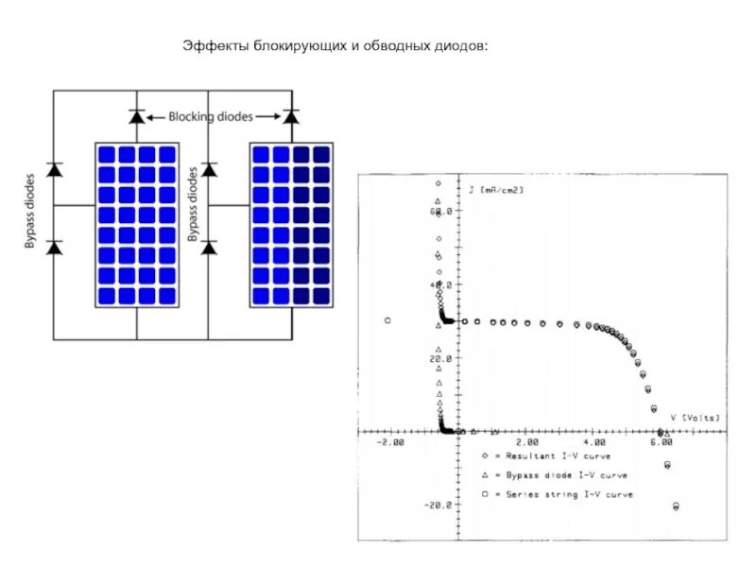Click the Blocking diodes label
pyautogui.click(x=211, y=116)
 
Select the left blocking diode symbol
pyautogui.click(x=136, y=116)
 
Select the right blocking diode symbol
pyautogui.click(x=291, y=116)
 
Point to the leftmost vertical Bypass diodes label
pyautogui.click(x=30, y=211)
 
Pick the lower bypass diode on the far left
pyautogui.click(x=54, y=248)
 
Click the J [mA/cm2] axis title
pyautogui.click(x=496, y=190)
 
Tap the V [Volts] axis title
pyautogui.click(x=695, y=417)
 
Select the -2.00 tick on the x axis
pyautogui.click(x=389, y=442)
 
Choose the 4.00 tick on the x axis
pyautogui.click(x=594, y=442)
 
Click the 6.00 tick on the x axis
pyautogui.click(x=662, y=442)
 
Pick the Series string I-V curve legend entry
pyautogui.click(x=558, y=494)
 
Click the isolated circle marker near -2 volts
pyautogui.click(x=388, y=320)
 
